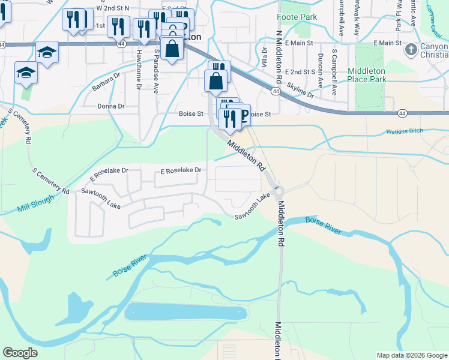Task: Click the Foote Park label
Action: pos(297,17)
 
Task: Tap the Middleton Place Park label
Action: pos(375,74)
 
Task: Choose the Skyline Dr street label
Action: pos(300,91)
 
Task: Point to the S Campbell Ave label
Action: pos(334,77)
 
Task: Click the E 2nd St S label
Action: pos(300,71)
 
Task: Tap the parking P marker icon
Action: pos(244,115)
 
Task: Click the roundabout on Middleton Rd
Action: pos(278,191)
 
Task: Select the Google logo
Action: pos(20,353)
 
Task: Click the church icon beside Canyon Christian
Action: pos(411,49)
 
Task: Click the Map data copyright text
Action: pos(411,355)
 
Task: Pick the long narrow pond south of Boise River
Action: pos(185,313)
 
